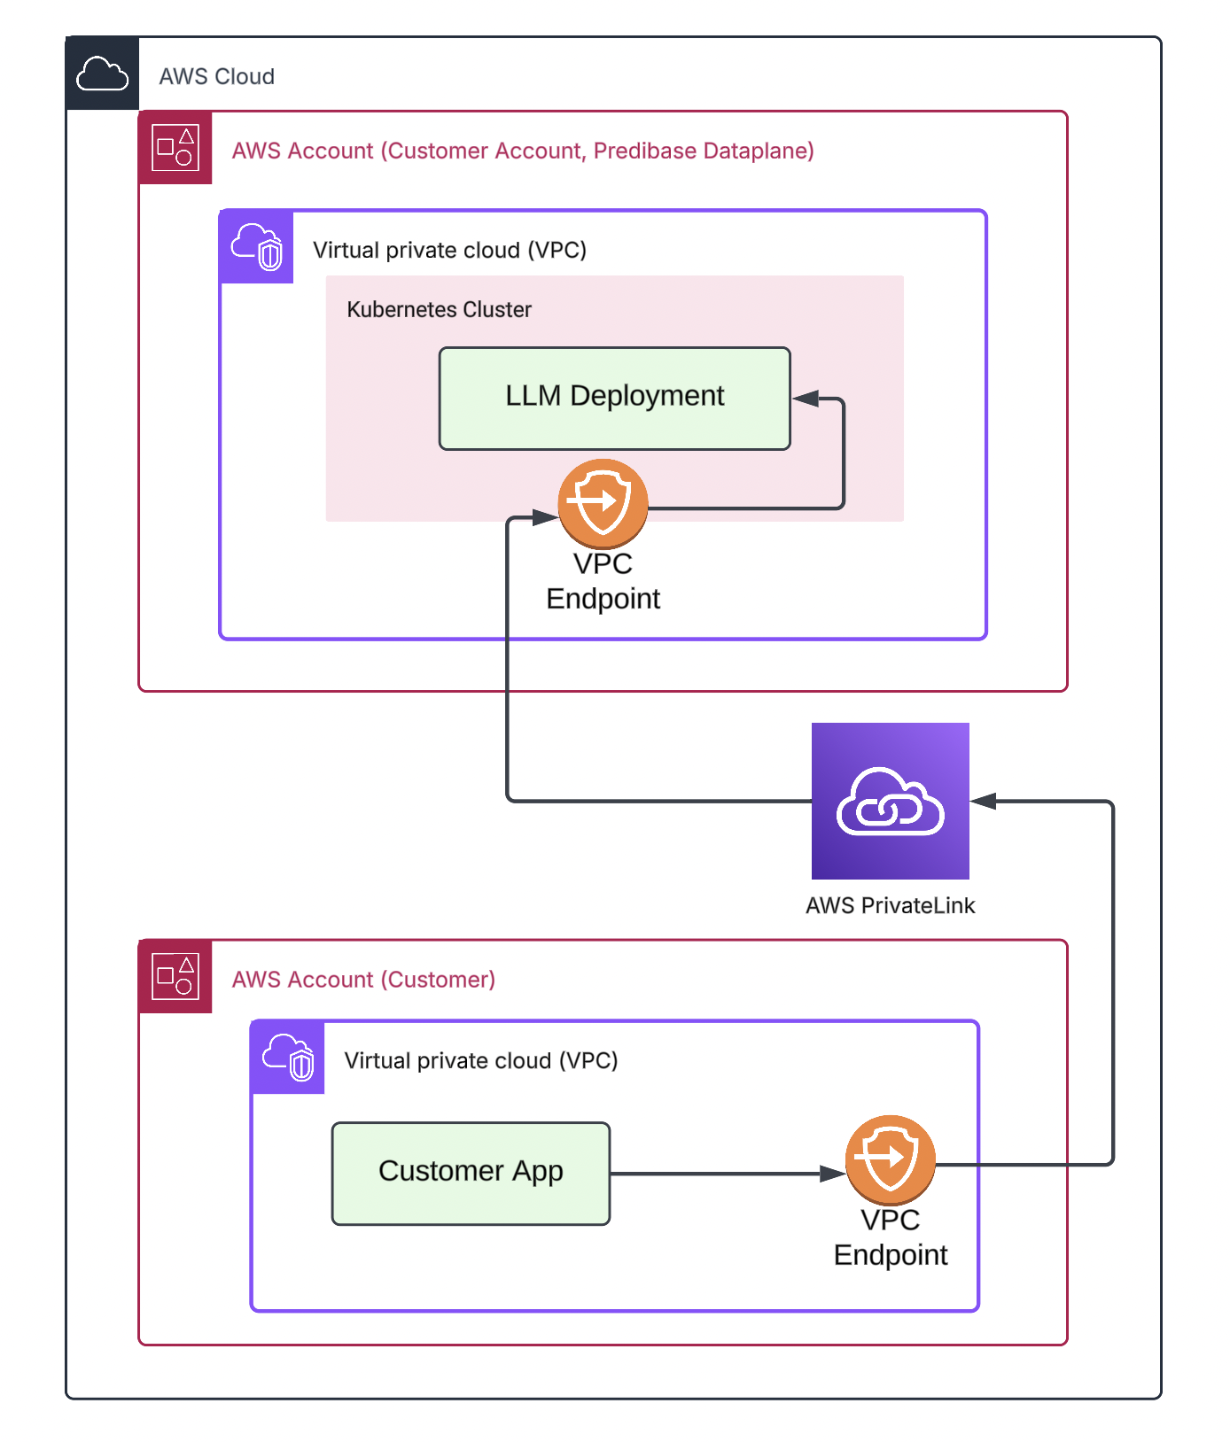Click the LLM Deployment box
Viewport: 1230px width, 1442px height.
point(614,399)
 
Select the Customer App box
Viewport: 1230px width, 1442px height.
point(471,1174)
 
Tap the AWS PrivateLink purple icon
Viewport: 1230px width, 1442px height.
point(890,801)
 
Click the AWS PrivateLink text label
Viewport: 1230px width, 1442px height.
point(890,905)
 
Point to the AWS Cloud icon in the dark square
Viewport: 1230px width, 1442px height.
point(103,74)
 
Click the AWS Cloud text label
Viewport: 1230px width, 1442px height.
point(216,77)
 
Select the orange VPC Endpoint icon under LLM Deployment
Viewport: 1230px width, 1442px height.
point(603,503)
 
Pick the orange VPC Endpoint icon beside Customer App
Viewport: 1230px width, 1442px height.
point(890,1159)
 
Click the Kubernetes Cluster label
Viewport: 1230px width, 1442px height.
point(439,310)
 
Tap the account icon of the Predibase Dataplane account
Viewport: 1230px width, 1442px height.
point(175,148)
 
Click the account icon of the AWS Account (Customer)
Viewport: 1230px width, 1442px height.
point(175,976)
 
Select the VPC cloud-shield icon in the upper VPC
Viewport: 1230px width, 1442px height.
point(256,247)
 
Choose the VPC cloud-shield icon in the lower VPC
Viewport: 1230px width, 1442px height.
point(288,1058)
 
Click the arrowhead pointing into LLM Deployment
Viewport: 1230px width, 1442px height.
point(806,399)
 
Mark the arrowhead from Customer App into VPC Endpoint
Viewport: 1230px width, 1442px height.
point(832,1174)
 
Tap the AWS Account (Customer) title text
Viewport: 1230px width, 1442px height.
point(363,980)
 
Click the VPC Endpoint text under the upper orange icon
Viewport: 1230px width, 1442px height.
point(603,581)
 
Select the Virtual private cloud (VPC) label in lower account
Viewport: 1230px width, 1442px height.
point(480,1061)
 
